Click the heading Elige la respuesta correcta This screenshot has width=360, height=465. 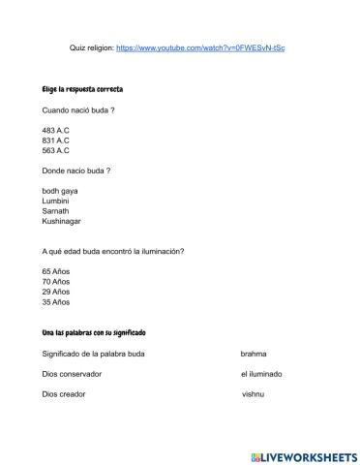(x=82, y=89)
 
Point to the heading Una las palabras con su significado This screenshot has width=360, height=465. (x=94, y=333)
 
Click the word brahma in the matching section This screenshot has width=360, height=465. (x=254, y=354)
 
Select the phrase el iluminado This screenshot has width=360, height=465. (x=259, y=374)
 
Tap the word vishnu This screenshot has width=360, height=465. (x=253, y=394)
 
